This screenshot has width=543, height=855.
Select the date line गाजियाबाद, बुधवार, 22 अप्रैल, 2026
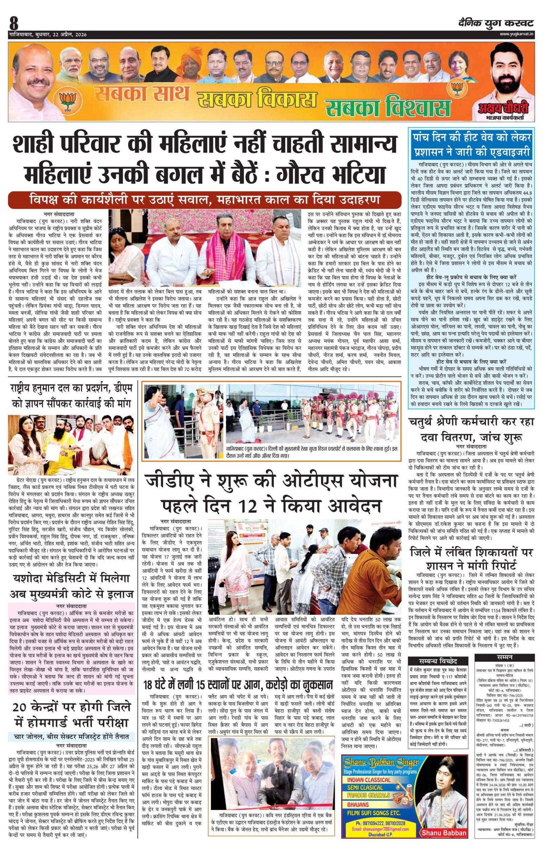tap(48, 34)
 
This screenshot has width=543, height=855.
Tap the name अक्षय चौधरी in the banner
tap(503, 106)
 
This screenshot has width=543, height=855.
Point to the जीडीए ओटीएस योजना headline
tap(271, 493)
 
